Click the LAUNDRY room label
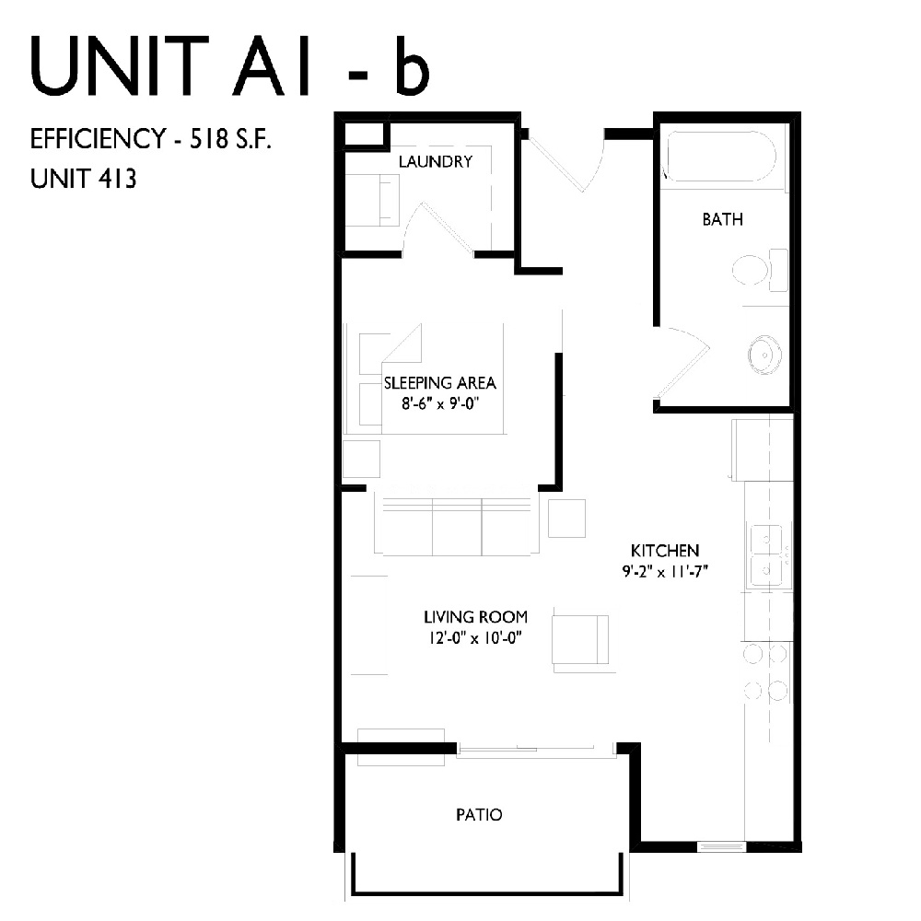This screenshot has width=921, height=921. (x=436, y=162)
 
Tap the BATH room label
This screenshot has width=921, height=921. (x=722, y=220)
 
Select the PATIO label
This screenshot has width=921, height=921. (x=480, y=815)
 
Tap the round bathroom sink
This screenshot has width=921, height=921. (x=764, y=353)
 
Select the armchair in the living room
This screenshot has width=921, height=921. (x=579, y=638)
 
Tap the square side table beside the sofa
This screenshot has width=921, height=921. (x=566, y=518)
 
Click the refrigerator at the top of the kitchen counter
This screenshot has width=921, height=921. (x=762, y=449)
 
